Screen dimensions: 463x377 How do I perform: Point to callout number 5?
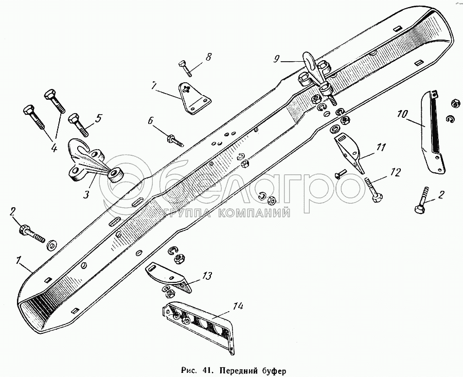[98, 117]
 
